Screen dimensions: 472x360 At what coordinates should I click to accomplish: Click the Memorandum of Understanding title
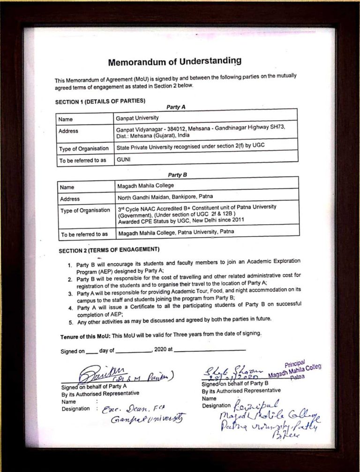pos(175,61)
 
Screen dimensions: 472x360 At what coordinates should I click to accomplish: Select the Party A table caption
pos(176,107)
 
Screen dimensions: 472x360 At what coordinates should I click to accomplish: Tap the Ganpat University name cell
pos(137,118)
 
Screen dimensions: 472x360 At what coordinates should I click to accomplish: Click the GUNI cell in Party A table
pos(123,159)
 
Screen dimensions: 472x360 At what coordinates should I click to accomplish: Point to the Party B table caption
pos(177,175)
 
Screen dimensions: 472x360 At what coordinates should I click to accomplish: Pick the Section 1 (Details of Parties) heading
pos(100,101)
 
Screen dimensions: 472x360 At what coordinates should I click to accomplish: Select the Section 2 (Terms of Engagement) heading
pos(109,250)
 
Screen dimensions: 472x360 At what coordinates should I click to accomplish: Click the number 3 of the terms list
pos(69,294)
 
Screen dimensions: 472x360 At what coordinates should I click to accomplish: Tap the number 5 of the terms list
pos(71,323)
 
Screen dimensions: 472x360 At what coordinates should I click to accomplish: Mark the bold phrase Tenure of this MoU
pos(85,337)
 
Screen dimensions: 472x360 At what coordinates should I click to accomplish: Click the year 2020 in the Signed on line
pos(160,349)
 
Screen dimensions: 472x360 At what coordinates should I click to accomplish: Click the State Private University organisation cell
pos(190,146)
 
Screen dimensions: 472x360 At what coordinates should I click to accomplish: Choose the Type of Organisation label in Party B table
pos(84,211)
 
